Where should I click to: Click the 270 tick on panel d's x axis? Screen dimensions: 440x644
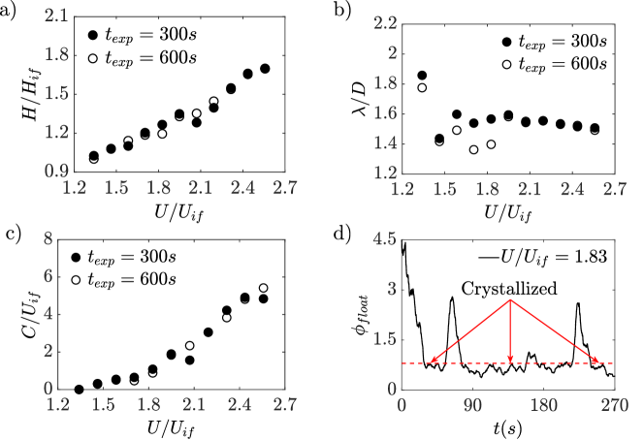[x=612, y=405]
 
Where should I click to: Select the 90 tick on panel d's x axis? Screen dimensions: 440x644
[x=471, y=405]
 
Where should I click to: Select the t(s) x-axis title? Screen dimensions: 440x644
[x=507, y=425]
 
